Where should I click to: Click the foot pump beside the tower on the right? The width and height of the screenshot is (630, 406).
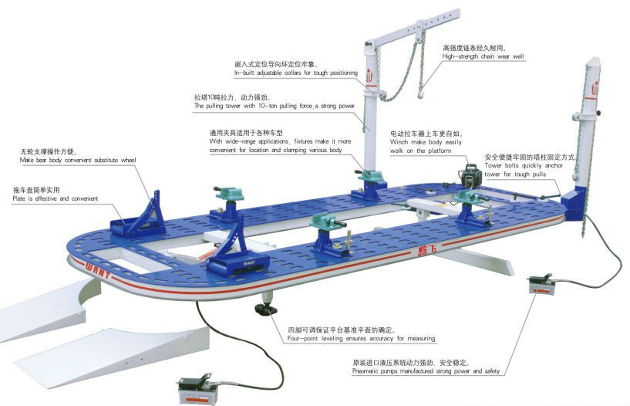pyautogui.click(x=542, y=285)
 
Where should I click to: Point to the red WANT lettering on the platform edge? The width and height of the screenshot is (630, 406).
pyautogui.click(x=98, y=271)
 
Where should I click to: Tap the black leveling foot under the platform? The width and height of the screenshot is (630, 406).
pyautogui.click(x=266, y=309)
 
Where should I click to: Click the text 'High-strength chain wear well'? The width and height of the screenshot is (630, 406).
pyautogui.click(x=483, y=56)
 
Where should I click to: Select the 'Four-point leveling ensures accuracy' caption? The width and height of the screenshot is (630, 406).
pyautogui.click(x=361, y=339)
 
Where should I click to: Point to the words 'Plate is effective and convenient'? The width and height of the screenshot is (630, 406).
pyautogui.click(x=56, y=198)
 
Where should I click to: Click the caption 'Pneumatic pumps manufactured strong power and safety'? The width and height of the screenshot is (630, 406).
pyautogui.click(x=426, y=371)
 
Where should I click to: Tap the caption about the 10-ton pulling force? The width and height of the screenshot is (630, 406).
pyautogui.click(x=275, y=106)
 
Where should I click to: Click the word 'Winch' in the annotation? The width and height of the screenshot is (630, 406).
pyautogui.click(x=399, y=142)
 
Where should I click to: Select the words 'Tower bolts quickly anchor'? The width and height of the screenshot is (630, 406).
pyautogui.click(x=524, y=166)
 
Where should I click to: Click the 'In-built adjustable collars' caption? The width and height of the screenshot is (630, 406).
pyautogui.click(x=296, y=73)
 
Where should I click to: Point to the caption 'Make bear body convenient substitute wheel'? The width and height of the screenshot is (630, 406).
pyautogui.click(x=78, y=160)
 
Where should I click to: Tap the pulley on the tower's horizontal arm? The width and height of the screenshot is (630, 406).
pyautogui.click(x=419, y=37)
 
